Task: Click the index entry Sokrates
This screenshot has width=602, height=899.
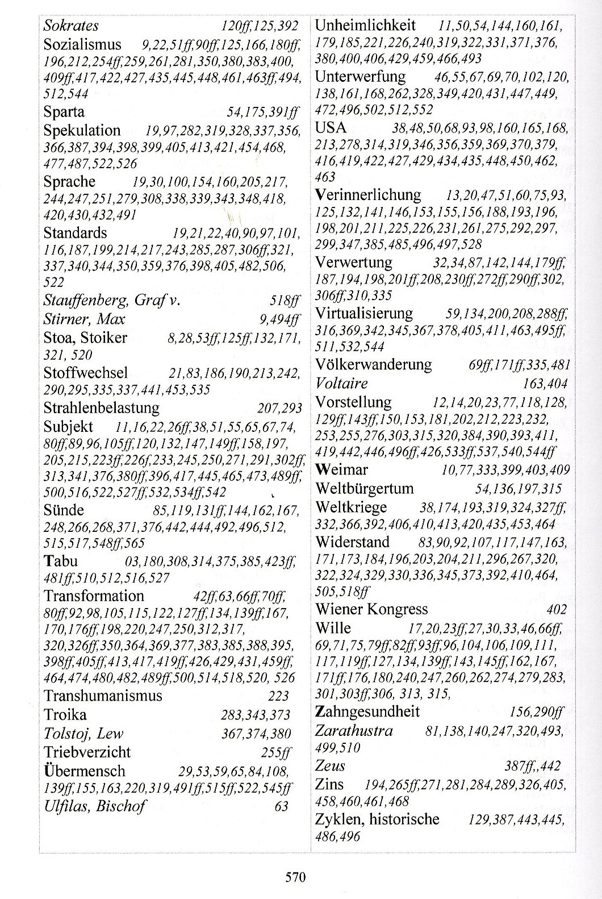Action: (71, 26)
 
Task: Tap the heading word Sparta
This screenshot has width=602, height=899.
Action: (64, 111)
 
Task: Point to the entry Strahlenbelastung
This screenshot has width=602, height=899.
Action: (102, 407)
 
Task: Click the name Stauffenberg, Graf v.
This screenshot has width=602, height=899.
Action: (111, 299)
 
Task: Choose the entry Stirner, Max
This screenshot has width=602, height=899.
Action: (84, 318)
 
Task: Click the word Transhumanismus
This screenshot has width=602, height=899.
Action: (103, 696)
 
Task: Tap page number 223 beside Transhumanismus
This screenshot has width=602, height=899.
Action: (278, 696)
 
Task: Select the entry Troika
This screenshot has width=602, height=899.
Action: (67, 714)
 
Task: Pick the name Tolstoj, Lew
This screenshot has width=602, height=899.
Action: (83, 733)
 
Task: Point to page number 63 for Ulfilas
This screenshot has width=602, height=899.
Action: (281, 806)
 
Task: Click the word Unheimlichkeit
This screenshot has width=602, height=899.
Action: (365, 25)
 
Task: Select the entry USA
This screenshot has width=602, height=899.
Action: (331, 127)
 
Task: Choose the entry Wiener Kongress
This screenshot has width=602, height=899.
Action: (371, 609)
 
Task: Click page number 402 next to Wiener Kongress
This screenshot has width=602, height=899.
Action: (556, 610)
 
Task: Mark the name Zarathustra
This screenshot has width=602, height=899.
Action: (354, 730)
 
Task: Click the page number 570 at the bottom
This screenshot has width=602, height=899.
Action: (295, 876)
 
